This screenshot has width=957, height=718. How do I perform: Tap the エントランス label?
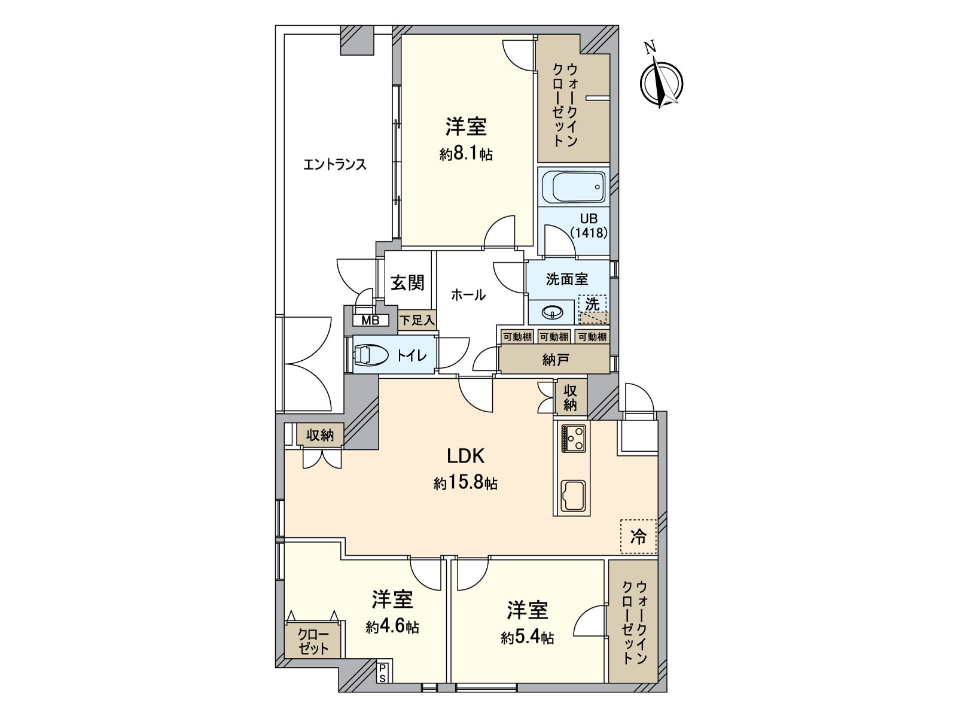coord(334,165)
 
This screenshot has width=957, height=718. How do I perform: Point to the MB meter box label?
coord(370,321)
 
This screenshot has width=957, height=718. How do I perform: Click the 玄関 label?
coord(407,282)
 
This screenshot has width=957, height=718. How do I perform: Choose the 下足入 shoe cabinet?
coord(417,321)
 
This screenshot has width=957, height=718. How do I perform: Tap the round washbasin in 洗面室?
coord(551,312)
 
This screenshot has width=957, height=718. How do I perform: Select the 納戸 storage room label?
coord(555,360)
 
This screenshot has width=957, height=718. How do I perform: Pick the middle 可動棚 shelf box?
coord(554,337)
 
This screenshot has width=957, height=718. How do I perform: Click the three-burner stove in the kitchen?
coord(574,438)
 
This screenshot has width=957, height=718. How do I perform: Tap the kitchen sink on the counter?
coord(574,496)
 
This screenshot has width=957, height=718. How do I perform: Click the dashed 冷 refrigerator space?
coord(638,537)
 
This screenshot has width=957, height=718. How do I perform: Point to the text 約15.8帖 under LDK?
coord(465,483)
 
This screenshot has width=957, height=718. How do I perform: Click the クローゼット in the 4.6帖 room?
coord(313,641)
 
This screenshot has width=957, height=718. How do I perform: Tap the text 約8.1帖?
coord(466,154)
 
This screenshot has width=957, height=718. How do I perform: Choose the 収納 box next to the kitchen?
coord(570,398)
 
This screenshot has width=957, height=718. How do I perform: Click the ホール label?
coord(468,294)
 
